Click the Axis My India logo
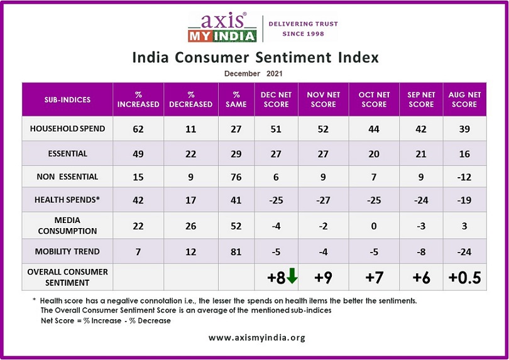tap(222, 26)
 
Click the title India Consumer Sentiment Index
tap(255, 58)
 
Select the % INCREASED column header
tap(138, 99)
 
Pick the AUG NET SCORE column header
tap(465, 99)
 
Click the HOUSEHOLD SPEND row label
tap(67, 129)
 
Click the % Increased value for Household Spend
tap(138, 129)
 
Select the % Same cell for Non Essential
tap(231, 178)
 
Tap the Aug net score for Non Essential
tap(465, 178)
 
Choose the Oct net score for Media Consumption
tap(375, 227)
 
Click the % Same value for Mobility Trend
tap(231, 251)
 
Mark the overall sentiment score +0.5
tap(465, 277)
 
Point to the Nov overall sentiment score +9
tap(324, 277)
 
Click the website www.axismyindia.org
tap(256, 338)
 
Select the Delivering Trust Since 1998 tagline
tap(304, 29)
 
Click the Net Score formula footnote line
tap(106, 320)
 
